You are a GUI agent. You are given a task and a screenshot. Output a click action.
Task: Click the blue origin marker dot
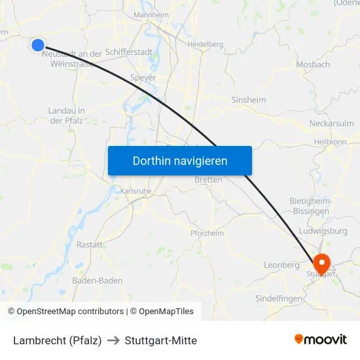[38, 45]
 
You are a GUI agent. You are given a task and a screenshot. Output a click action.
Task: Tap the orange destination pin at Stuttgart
[321, 264]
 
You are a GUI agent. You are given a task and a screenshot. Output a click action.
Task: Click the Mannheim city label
[151, 14]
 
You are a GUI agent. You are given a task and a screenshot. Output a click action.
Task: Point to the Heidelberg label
[206, 45]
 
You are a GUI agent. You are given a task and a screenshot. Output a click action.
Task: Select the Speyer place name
[143, 78]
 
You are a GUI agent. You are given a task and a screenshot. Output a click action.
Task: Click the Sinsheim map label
[249, 100]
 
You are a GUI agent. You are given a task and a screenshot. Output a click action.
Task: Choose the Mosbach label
[313, 65]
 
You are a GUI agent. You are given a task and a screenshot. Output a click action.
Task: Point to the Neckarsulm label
[331, 123]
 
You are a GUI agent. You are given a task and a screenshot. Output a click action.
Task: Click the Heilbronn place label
[330, 141]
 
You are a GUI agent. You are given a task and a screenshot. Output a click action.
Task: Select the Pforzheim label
[207, 233]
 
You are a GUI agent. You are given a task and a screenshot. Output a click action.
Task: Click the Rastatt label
[90, 244]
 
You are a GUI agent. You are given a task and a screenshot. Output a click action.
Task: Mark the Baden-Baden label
[97, 280]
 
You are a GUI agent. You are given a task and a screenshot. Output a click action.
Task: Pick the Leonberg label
[281, 265]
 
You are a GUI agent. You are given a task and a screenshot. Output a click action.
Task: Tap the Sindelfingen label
[279, 298]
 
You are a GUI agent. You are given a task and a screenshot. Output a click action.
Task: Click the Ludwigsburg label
[323, 231]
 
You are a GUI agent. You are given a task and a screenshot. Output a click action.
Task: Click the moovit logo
[321, 340]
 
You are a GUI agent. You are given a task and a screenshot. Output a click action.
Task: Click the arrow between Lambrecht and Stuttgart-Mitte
[113, 340]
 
